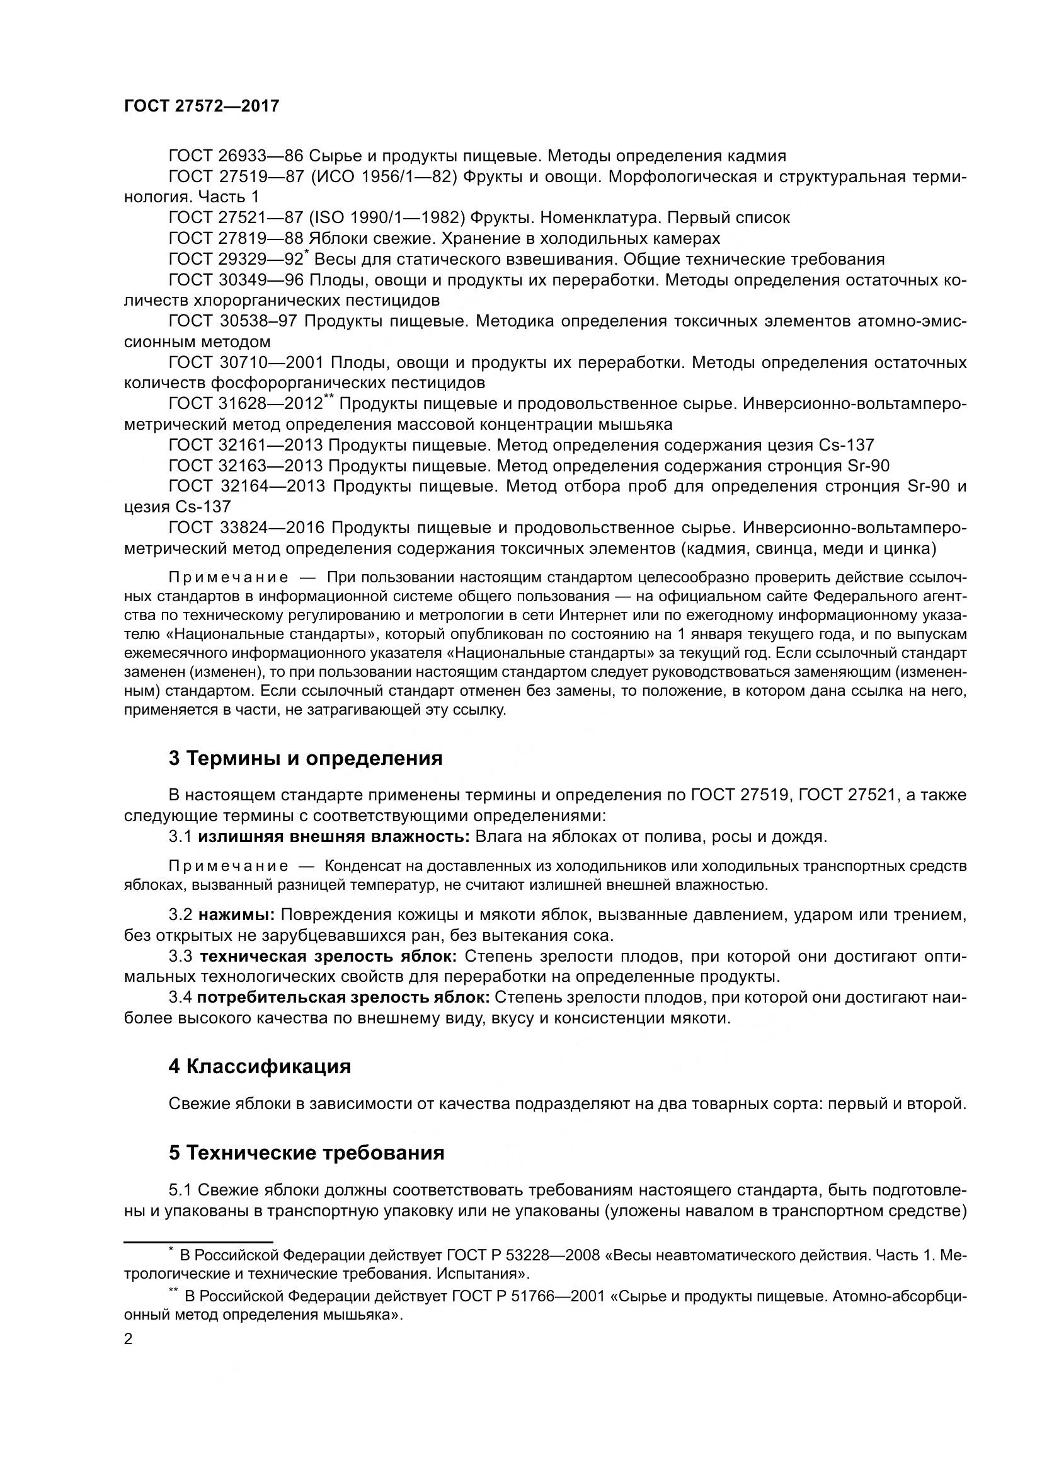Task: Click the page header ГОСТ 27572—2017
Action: pyautogui.click(x=202, y=107)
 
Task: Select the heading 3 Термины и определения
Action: pyautogui.click(x=306, y=759)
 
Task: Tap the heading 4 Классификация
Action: pyautogui.click(x=259, y=1067)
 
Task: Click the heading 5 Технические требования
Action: pyautogui.click(x=307, y=1153)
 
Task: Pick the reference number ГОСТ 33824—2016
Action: pyautogui.click(x=246, y=527)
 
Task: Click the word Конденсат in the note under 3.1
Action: pyautogui.click(x=356, y=866)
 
